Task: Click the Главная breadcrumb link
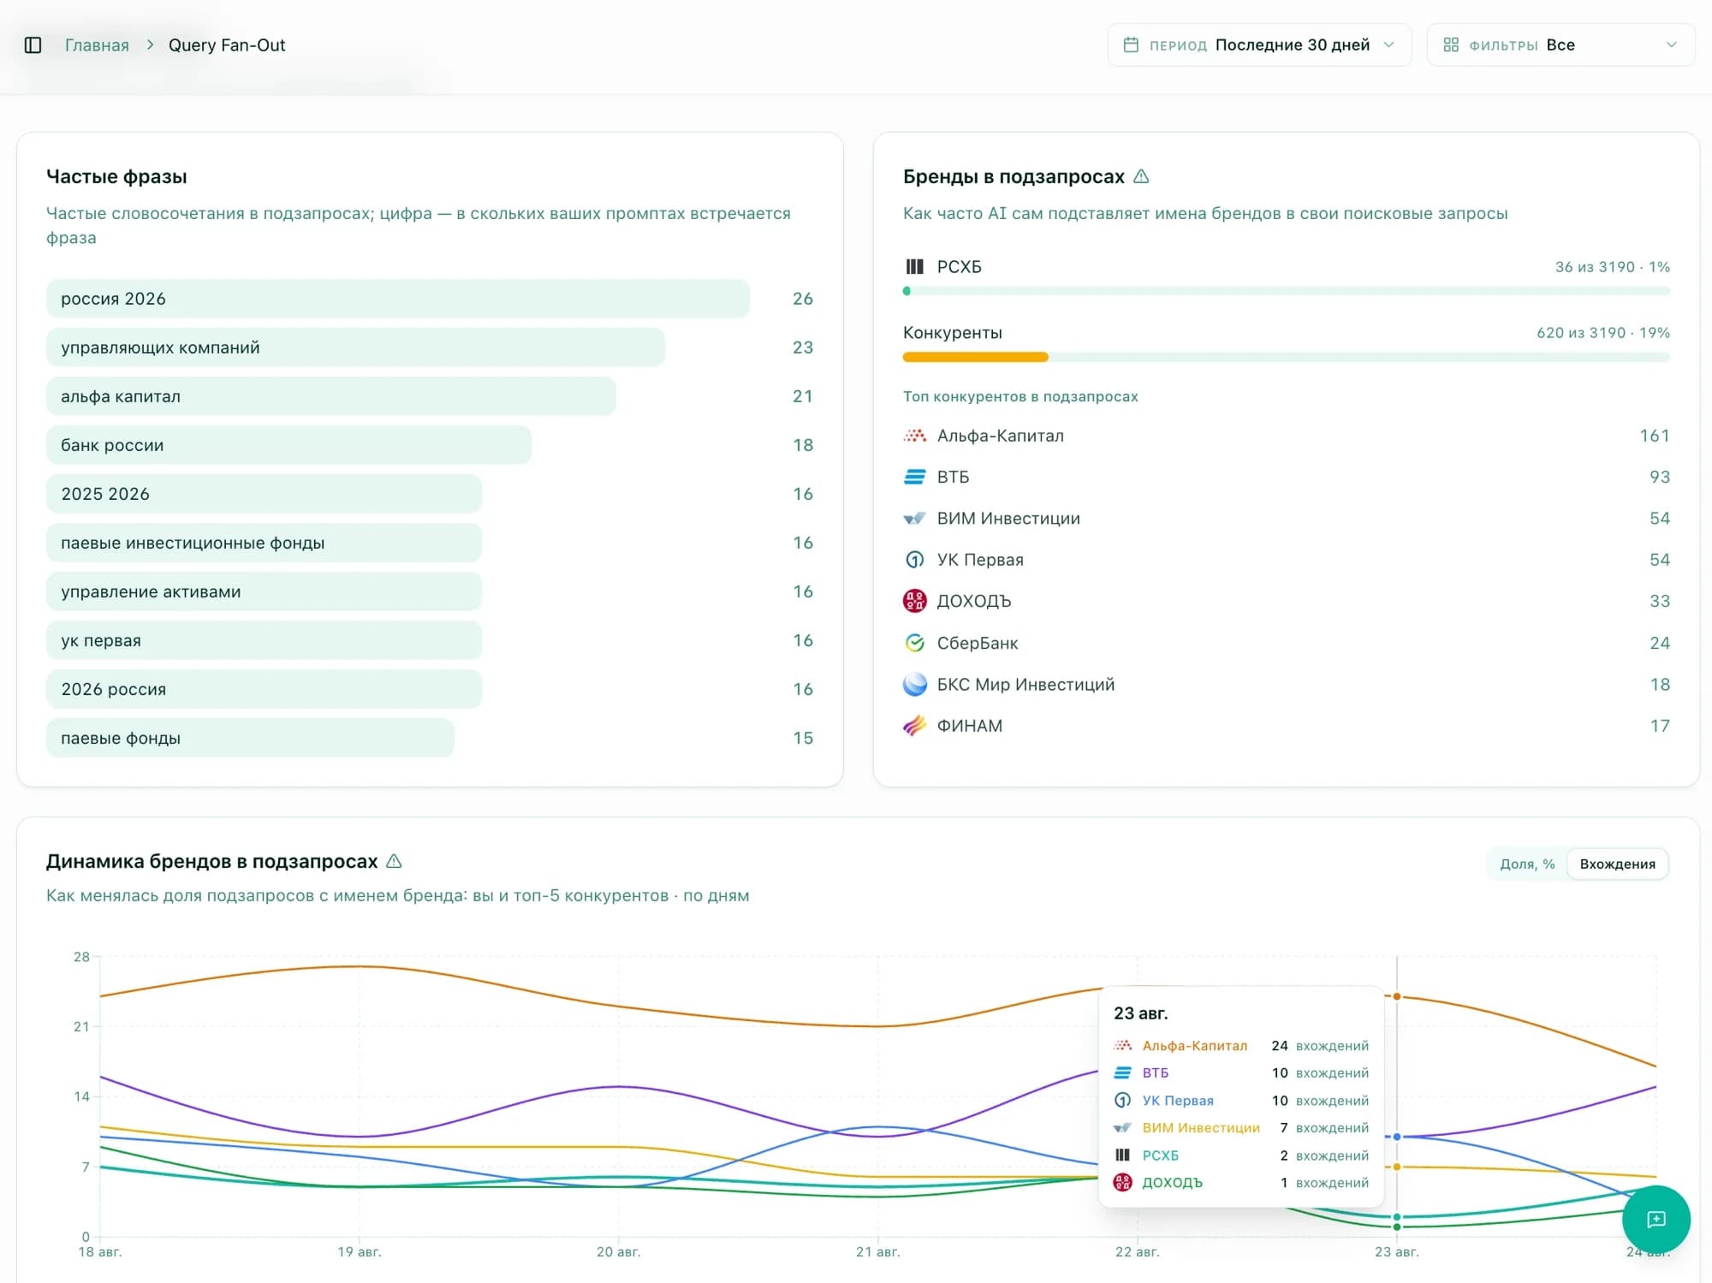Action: click(x=97, y=45)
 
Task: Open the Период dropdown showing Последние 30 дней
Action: click(x=1259, y=45)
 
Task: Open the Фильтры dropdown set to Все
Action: click(x=1560, y=45)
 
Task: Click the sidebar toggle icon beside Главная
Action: click(x=33, y=45)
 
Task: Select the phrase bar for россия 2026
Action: click(x=398, y=299)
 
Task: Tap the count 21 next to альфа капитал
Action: click(x=802, y=396)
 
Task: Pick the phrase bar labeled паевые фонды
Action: click(x=250, y=738)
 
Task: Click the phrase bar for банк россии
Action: click(x=288, y=445)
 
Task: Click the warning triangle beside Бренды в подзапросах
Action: click(x=1141, y=176)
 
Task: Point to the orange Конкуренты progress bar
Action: click(x=975, y=357)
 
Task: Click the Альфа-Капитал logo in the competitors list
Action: click(x=915, y=436)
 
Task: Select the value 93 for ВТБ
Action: click(x=1660, y=477)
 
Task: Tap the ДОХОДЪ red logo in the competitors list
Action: click(x=915, y=601)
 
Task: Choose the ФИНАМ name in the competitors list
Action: click(x=969, y=726)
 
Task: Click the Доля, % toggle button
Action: click(x=1527, y=864)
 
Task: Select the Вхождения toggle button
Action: click(x=1617, y=864)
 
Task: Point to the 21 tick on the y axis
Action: click(x=81, y=1026)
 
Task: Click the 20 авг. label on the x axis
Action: click(x=618, y=1252)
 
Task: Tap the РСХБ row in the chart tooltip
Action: click(x=1240, y=1155)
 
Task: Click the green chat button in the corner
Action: click(x=1656, y=1220)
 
